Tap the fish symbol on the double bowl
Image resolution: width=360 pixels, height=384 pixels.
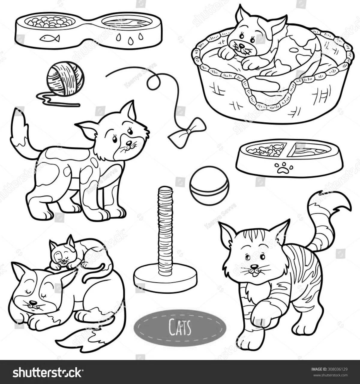tap(49, 38)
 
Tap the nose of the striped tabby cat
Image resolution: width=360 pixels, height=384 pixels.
tap(254, 266)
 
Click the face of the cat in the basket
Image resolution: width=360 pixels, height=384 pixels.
tap(242, 42)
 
